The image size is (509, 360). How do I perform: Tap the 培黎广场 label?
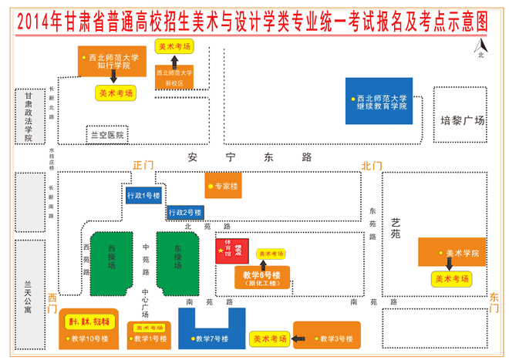click(x=462, y=120)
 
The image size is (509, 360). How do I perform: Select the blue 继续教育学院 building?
click(x=379, y=101)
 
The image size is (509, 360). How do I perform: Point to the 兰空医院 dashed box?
click(x=107, y=134)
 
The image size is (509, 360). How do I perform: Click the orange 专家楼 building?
click(x=223, y=186)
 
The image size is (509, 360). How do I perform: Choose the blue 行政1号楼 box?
click(x=144, y=196)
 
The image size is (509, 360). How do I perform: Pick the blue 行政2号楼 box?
click(x=186, y=211)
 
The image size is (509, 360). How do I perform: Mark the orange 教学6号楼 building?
click(x=261, y=278)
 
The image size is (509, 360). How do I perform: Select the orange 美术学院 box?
click(x=453, y=253)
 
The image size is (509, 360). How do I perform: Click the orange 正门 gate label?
click(x=143, y=165)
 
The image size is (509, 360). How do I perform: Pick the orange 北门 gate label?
click(x=372, y=165)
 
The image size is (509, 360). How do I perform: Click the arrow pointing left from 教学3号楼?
click(x=301, y=338)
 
